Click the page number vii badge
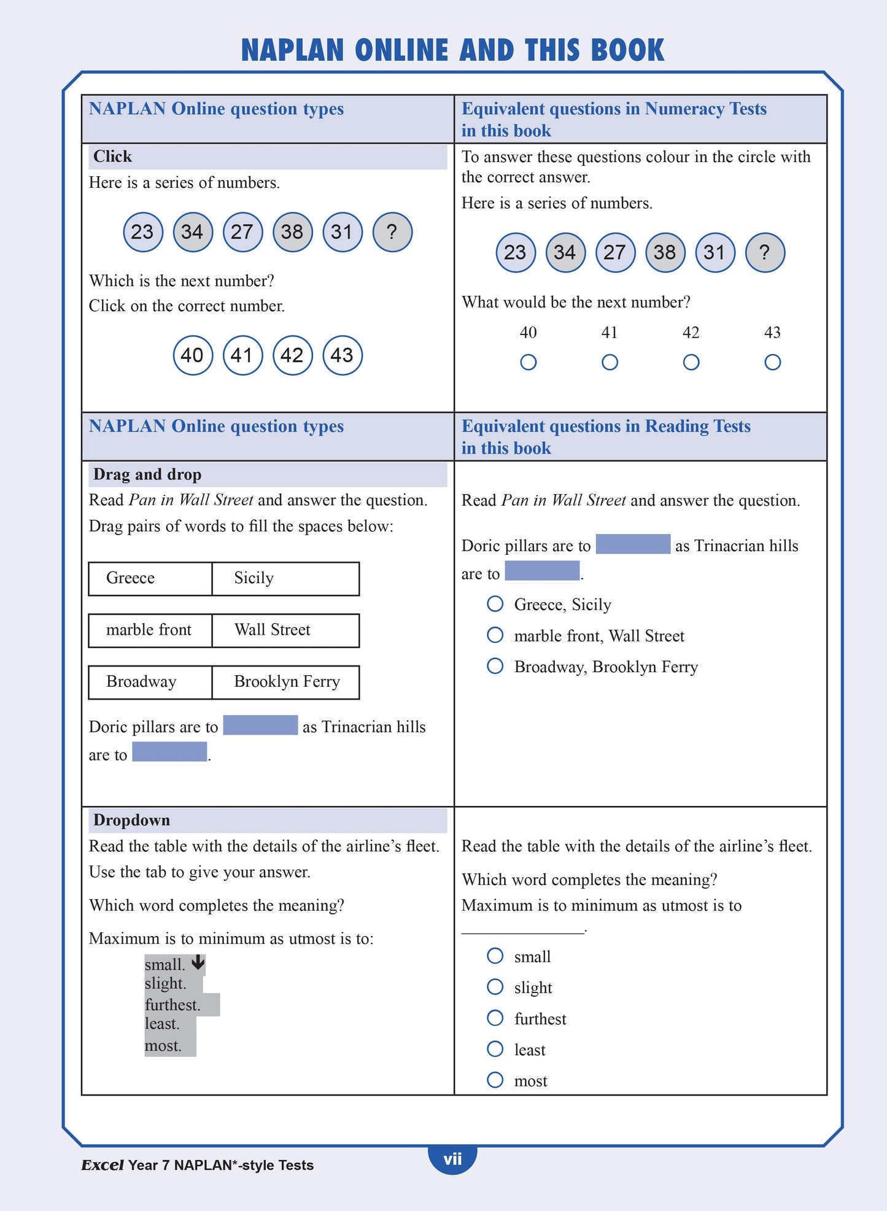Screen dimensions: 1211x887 pos(452,1159)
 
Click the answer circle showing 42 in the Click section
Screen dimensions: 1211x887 pos(292,355)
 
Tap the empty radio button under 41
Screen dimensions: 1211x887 pos(610,362)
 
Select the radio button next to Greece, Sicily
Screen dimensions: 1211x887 pos(495,604)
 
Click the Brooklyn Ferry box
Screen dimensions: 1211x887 pos(285,682)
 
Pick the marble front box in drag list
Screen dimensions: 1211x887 pos(150,630)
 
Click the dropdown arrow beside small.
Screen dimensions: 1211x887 pos(198,962)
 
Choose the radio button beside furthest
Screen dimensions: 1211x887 pos(495,1018)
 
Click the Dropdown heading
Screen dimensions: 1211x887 pos(131,820)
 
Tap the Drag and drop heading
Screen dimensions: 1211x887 pos(147,474)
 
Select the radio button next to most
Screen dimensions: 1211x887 pos(495,1080)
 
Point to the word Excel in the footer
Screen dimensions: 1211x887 pos(103,1165)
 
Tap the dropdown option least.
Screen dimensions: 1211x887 pos(163,1024)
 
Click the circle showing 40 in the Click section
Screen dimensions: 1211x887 pos(193,355)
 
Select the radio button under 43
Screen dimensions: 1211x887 pos(772,362)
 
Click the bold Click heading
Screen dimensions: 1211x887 pos(113,157)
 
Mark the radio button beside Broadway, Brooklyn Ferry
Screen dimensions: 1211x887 pos(495,666)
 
